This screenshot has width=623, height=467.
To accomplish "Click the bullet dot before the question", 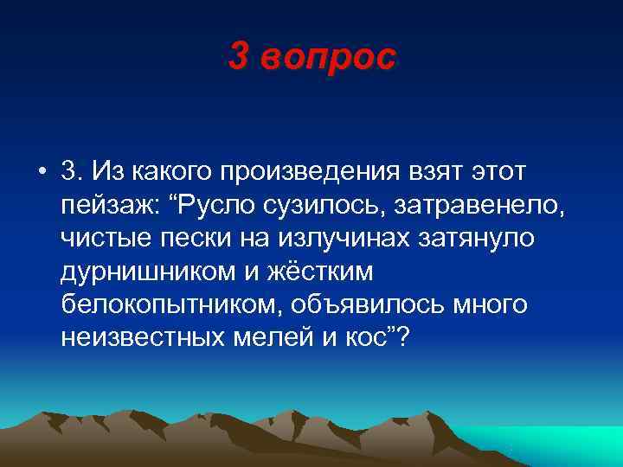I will pos(42,173).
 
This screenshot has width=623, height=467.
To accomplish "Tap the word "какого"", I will pos(177,173).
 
